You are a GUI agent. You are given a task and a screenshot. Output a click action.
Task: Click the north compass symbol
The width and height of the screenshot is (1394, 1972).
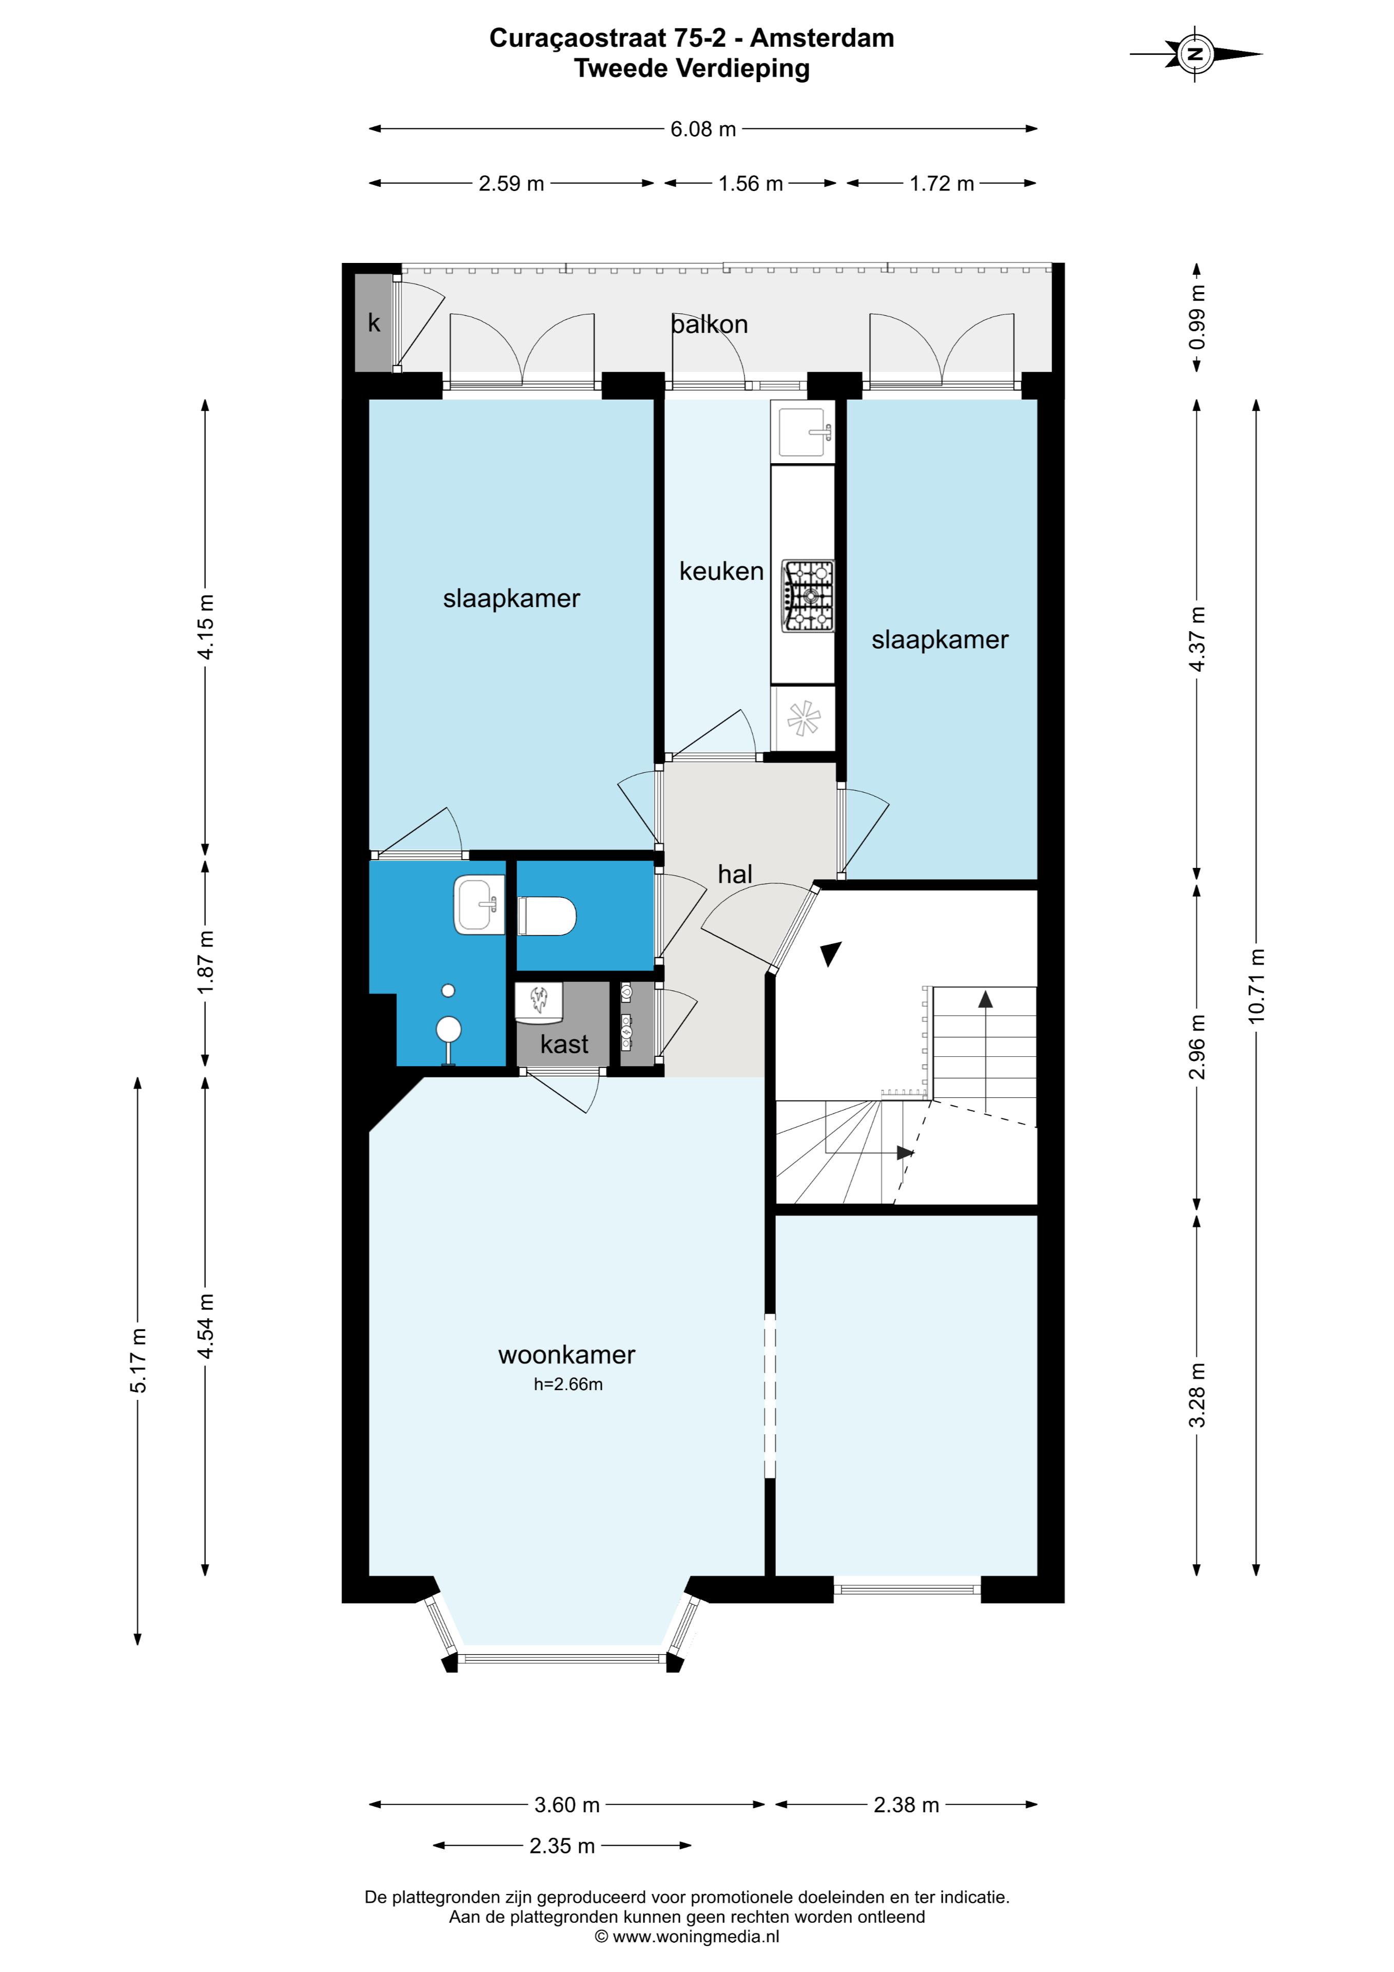pos(1196,54)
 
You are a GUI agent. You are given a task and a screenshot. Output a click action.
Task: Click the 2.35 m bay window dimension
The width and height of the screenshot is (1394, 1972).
pos(563,1846)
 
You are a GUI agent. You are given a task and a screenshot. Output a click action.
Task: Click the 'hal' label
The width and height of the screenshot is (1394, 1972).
pos(735,875)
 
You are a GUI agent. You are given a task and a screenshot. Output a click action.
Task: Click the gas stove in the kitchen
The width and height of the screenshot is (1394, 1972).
pos(807,596)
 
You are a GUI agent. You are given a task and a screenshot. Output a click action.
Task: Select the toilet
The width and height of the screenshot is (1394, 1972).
pos(547,916)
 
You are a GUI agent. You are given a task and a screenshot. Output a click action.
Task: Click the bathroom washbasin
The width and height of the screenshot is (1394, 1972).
pos(479,905)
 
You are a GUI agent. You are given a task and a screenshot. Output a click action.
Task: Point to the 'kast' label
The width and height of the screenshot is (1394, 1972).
pos(564,1045)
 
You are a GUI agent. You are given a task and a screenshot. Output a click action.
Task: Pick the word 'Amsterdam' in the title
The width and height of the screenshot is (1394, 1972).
pos(822,39)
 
